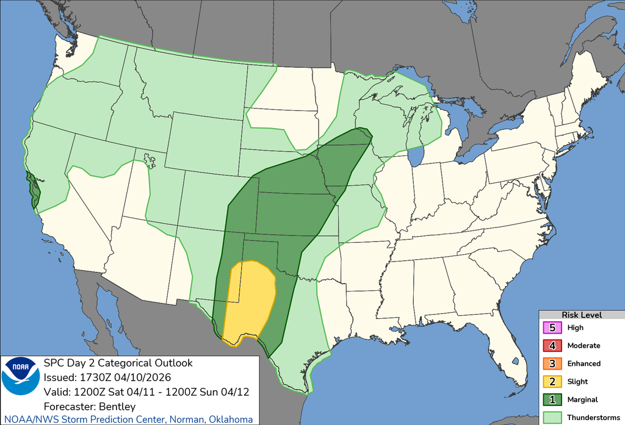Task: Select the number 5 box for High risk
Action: (552, 327)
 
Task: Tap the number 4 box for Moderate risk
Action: (552, 346)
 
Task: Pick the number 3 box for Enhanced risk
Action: (552, 363)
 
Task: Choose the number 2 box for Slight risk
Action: (552, 382)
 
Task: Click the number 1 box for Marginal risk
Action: (552, 399)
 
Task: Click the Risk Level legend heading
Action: (582, 315)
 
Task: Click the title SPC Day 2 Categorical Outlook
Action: (118, 363)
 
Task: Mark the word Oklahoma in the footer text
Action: (229, 419)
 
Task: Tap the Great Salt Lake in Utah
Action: (149, 162)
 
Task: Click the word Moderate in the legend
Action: (583, 346)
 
